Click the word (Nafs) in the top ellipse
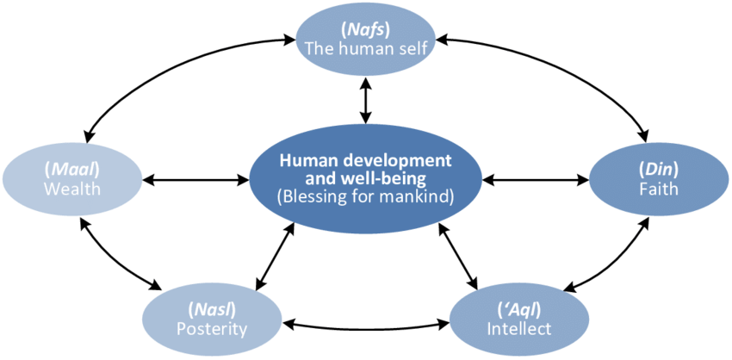(367, 28)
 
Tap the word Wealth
(74, 189)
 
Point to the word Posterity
(212, 328)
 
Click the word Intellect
(519, 328)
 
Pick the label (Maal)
(74, 169)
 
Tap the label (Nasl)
(212, 308)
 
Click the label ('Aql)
(519, 308)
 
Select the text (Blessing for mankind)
(366, 197)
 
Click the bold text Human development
(366, 161)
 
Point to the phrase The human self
(367, 47)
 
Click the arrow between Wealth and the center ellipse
(196, 181)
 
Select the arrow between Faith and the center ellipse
(536, 181)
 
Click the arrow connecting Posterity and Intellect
(367, 326)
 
